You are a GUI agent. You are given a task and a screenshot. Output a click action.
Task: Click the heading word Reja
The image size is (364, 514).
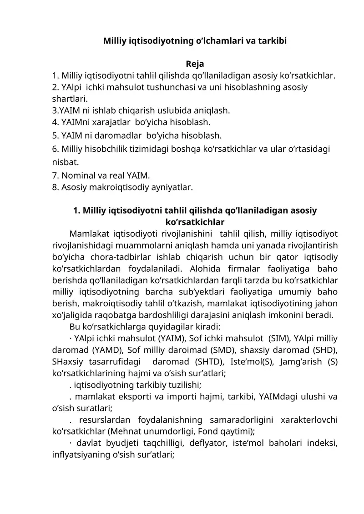coord(195,63)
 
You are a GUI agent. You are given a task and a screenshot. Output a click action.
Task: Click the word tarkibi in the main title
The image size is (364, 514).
coord(270,40)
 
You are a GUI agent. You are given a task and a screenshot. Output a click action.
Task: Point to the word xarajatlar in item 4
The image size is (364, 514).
coord(112,122)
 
